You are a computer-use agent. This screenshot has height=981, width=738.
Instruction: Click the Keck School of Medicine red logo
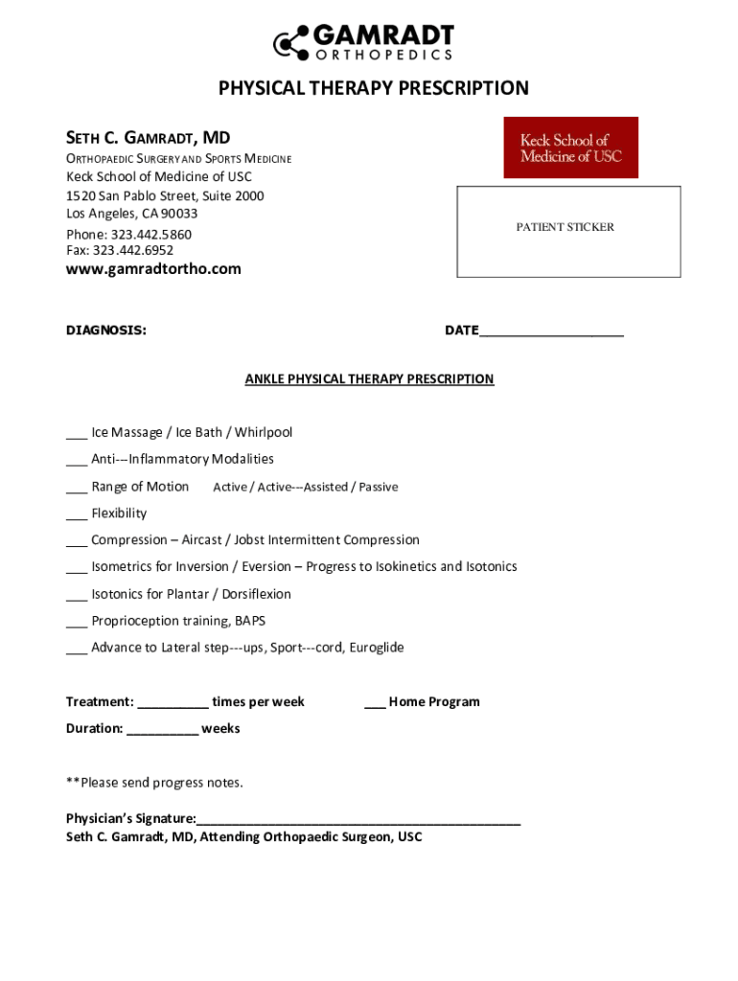click(570, 148)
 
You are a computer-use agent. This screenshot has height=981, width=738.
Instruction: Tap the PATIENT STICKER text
click(565, 227)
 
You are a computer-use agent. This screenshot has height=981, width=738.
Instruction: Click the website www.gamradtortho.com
click(153, 269)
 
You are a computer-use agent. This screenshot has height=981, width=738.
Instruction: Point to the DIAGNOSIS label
click(105, 331)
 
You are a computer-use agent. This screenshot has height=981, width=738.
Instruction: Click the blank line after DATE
click(551, 332)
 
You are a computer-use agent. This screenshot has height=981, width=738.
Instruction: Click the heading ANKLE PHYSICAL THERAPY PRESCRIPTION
click(369, 379)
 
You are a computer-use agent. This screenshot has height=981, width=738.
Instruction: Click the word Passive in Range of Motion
click(379, 487)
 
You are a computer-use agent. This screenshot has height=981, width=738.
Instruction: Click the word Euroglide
click(373, 648)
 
